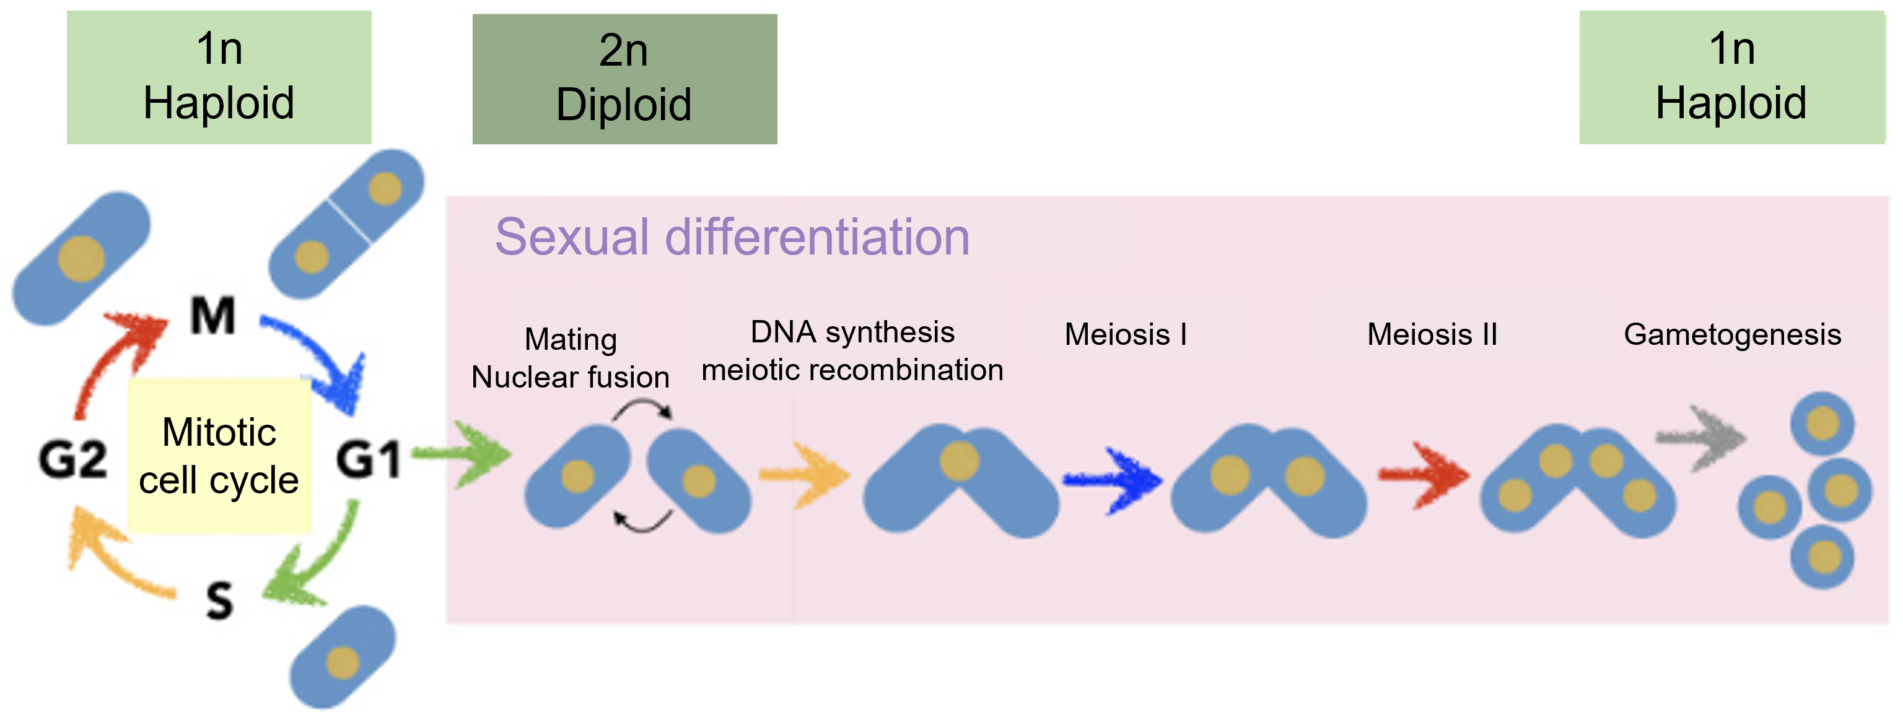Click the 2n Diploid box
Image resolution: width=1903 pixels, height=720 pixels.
pos(624,78)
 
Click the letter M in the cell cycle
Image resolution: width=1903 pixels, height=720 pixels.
pos(212,316)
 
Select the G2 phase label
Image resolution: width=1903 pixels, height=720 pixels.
pos(73,459)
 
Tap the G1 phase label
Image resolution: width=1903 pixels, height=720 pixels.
pos(369,459)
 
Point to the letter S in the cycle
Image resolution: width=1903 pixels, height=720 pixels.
pos(219,600)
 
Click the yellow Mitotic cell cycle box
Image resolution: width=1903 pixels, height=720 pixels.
pos(219,456)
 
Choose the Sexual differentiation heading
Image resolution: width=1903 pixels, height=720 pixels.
pos(732,238)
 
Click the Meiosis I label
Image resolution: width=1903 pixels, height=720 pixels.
pos(1125,334)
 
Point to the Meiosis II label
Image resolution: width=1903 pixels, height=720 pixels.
pos(1432,334)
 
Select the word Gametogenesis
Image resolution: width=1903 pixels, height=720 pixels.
pos(1731,334)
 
